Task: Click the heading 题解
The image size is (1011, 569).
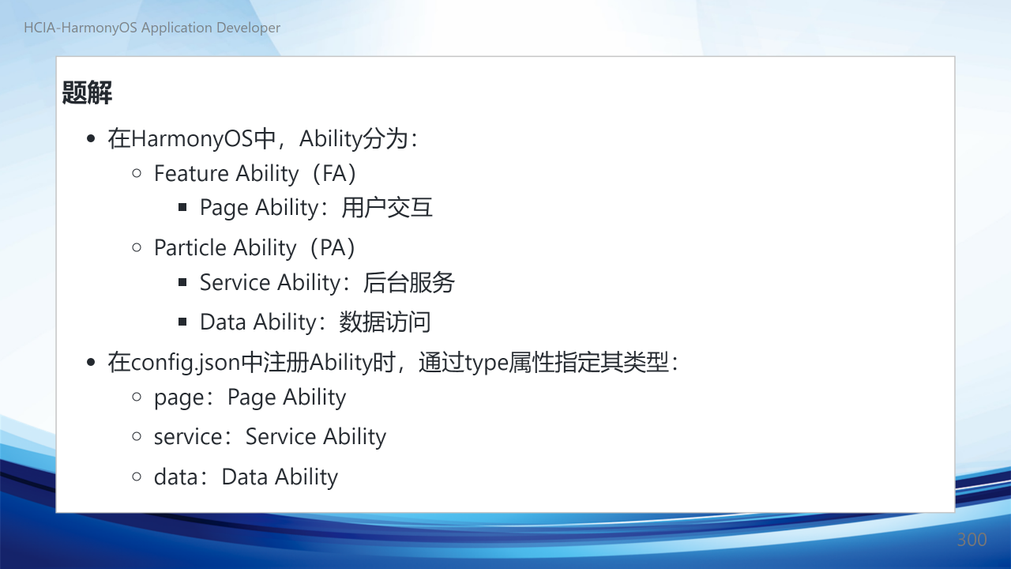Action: pyautogui.click(x=87, y=92)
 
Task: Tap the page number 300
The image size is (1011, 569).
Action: pyautogui.click(x=972, y=540)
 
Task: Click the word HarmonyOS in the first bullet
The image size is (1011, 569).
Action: pyautogui.click(x=192, y=138)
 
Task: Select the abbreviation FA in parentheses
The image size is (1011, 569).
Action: pyautogui.click(x=334, y=173)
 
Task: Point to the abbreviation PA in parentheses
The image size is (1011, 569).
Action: pyautogui.click(x=333, y=248)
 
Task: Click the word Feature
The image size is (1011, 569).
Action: pyautogui.click(x=191, y=173)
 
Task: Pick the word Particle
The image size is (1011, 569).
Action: pyautogui.click(x=190, y=248)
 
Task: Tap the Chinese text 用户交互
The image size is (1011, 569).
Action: pyautogui.click(x=387, y=208)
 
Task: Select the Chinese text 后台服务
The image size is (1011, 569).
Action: pyautogui.click(x=408, y=283)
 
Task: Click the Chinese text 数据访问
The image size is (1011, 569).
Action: pyautogui.click(x=385, y=322)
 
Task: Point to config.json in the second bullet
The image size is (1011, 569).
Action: pyautogui.click(x=186, y=363)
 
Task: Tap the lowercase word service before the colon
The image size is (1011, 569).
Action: pyautogui.click(x=188, y=437)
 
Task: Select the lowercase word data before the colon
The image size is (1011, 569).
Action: pyautogui.click(x=176, y=477)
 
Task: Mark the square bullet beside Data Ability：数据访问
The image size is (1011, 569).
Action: pyautogui.click(x=182, y=322)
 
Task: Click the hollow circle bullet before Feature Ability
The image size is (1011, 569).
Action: pyautogui.click(x=137, y=173)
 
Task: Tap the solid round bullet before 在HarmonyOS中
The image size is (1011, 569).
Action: pyautogui.click(x=91, y=138)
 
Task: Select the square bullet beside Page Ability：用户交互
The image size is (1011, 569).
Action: pyautogui.click(x=182, y=207)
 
